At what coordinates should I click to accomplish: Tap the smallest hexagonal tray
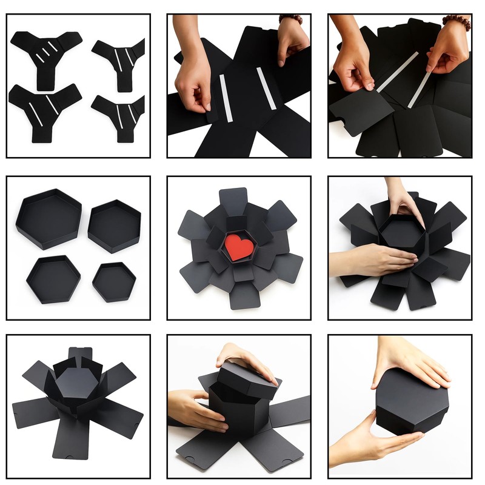point(114,281)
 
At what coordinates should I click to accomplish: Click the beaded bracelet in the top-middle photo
point(292,19)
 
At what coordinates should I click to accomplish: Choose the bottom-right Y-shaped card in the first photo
point(120,112)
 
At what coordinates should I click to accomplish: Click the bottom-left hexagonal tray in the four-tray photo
point(53,278)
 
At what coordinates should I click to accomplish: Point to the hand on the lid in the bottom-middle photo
point(246,357)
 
